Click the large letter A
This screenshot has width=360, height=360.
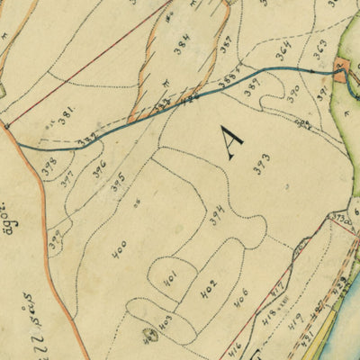(x=232, y=142)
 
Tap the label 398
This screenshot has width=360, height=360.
(x=49, y=166)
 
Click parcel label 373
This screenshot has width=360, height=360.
(x=262, y=164)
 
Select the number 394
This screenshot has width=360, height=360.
(x=217, y=216)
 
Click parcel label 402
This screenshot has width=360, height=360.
(x=208, y=290)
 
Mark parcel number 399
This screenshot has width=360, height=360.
(x=56, y=241)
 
